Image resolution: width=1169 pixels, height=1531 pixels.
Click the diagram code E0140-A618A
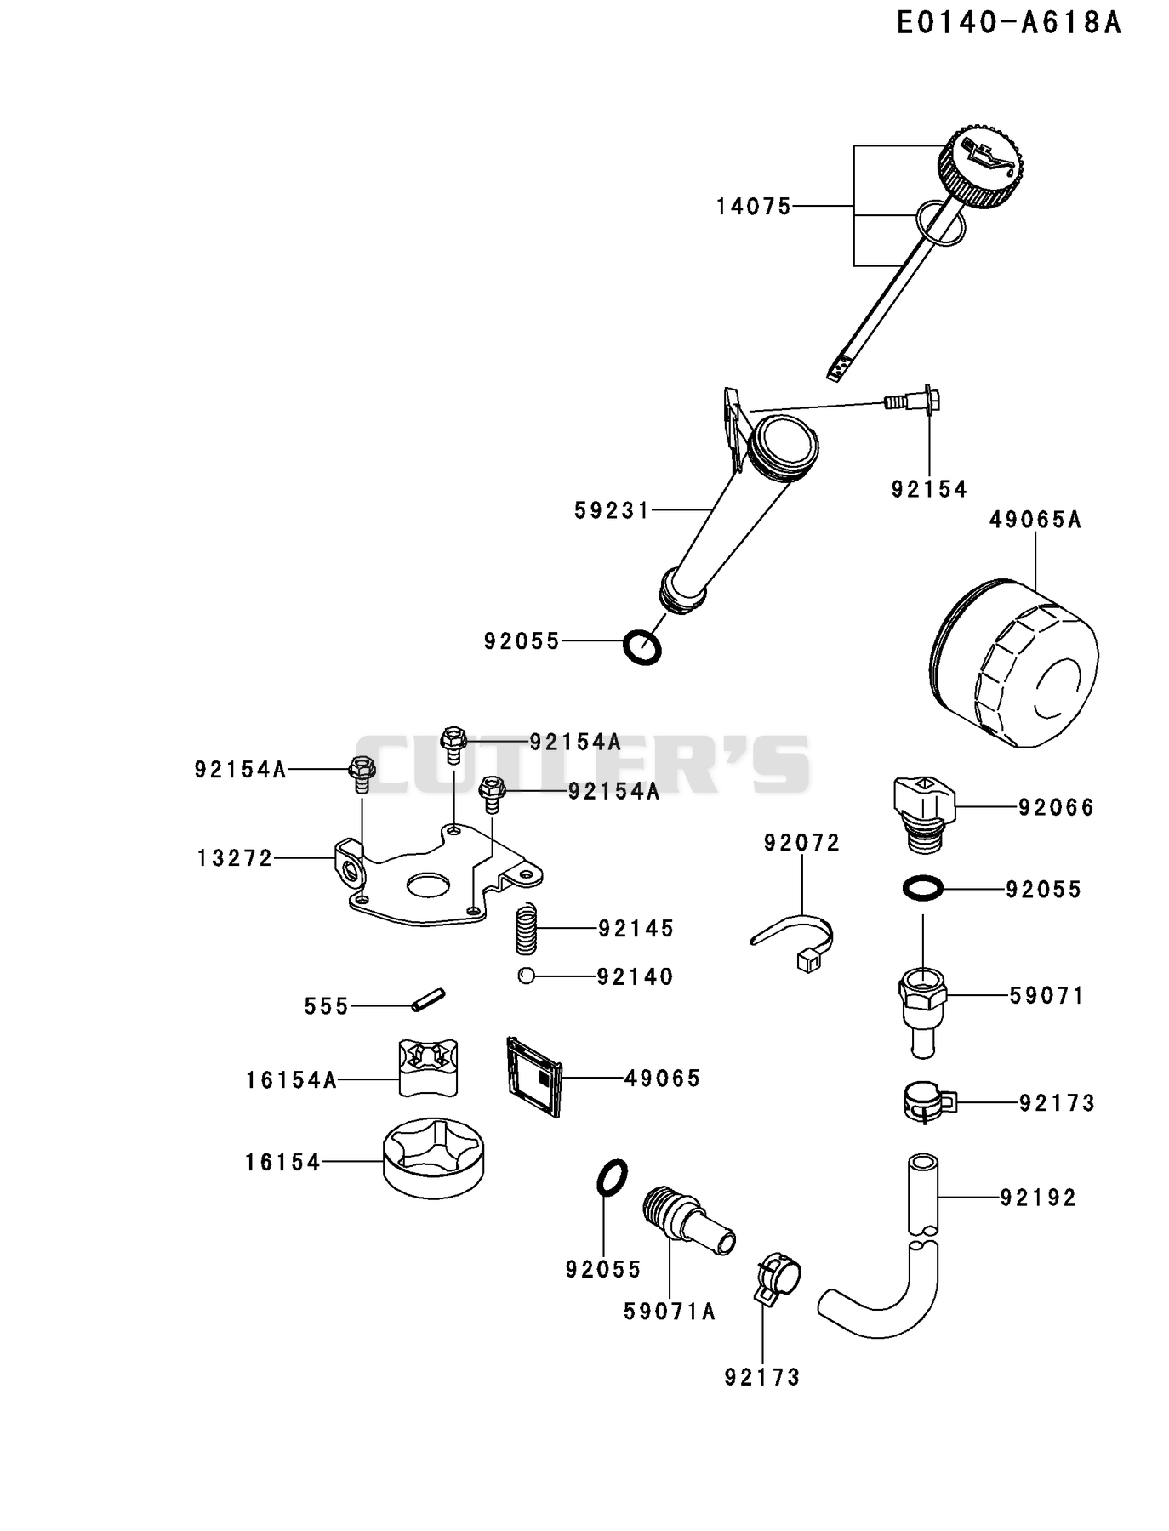1009,23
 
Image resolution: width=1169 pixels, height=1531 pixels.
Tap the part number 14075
754,207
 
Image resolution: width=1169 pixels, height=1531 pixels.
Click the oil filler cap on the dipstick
982,166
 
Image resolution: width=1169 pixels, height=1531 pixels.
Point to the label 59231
612,510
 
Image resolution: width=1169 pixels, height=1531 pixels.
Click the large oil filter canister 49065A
1012,663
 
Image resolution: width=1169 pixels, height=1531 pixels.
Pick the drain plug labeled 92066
924,813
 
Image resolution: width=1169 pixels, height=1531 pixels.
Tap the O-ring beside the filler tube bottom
642,648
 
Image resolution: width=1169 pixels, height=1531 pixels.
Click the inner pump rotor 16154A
430,1066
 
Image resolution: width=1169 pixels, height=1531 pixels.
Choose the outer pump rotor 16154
436,1158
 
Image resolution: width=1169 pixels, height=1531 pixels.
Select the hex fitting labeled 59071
922,1011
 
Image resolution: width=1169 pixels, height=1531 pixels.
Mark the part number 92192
1038,1198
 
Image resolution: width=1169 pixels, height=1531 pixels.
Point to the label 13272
235,859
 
